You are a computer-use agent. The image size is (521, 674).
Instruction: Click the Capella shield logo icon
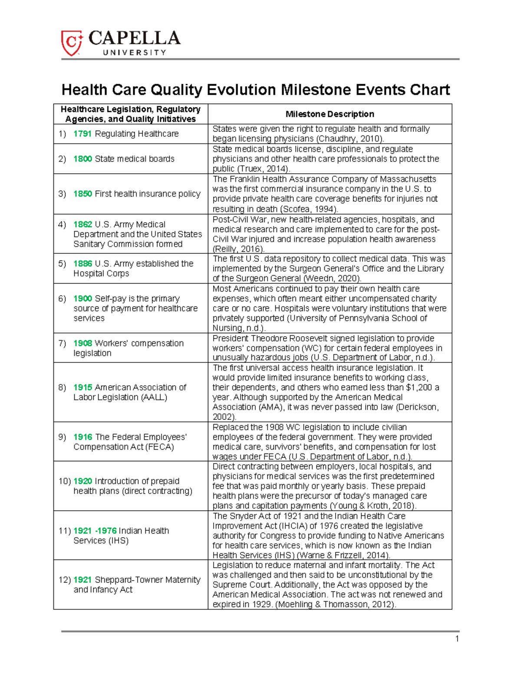(x=71, y=43)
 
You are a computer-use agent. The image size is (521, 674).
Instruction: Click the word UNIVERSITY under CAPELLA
(x=134, y=53)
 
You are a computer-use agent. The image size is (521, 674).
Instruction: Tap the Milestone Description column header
(x=330, y=114)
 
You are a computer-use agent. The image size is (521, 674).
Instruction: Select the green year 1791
(x=82, y=134)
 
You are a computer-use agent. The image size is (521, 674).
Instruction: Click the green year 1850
(x=82, y=194)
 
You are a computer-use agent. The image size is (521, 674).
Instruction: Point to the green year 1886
(x=82, y=263)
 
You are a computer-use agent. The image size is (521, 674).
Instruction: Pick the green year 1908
(x=82, y=343)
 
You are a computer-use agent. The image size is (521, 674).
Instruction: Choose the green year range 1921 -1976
(x=95, y=531)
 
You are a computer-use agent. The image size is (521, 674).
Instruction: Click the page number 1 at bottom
(x=457, y=638)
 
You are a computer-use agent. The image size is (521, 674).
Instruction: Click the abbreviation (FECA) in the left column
(x=159, y=447)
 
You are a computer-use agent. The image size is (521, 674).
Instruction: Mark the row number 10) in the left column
(x=64, y=481)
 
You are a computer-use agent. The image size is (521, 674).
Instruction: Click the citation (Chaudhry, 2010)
(x=350, y=139)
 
